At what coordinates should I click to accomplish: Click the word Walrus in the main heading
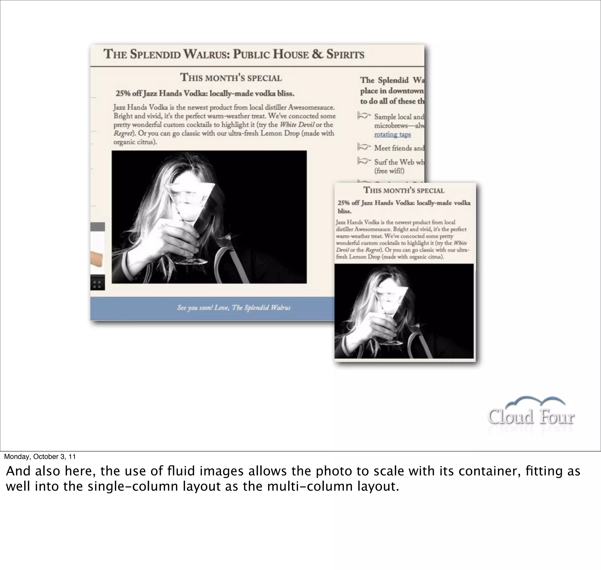tap(207, 54)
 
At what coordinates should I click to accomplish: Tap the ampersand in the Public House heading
tap(317, 54)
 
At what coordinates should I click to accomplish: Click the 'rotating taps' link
tap(392, 134)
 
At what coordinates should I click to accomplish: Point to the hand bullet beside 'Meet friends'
tap(364, 147)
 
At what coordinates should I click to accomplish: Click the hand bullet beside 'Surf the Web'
tap(364, 161)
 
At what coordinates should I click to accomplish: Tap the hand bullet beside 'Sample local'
tap(364, 116)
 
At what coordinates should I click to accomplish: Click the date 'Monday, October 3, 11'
tap(40, 457)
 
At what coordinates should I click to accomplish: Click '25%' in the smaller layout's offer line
tap(344, 203)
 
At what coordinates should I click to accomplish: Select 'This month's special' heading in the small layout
tap(404, 190)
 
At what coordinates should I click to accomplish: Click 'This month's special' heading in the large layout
tap(231, 78)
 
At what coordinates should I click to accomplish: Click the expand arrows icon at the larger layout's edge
tap(97, 284)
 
